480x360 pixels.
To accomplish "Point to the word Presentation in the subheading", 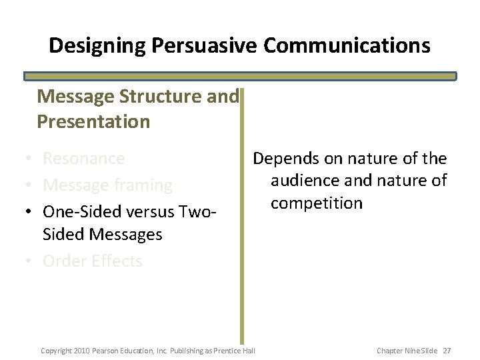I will point(93,122).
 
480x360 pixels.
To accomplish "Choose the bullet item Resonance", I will point(83,159).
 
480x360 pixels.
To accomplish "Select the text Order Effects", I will point(92,261).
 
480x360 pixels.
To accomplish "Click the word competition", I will point(316,203).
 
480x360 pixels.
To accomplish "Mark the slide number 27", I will point(447,350).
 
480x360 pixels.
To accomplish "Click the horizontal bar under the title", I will point(240,76).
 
